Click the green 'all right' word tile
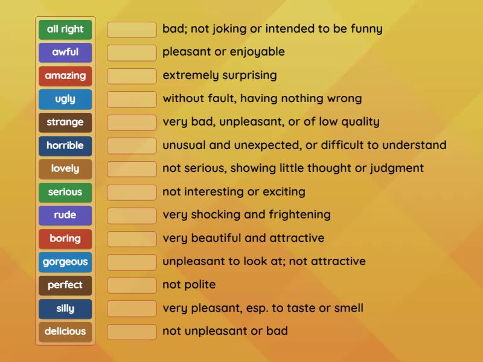pyautogui.click(x=65, y=29)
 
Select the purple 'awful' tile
pyautogui.click(x=65, y=52)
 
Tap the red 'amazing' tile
pyautogui.click(x=65, y=76)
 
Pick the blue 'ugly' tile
pyautogui.click(x=65, y=99)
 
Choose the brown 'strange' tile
pyautogui.click(x=65, y=122)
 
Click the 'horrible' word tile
pyautogui.click(x=65, y=145)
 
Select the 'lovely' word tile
pyautogui.click(x=65, y=169)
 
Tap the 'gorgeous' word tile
pyautogui.click(x=65, y=262)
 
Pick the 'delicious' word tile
pyautogui.click(x=65, y=331)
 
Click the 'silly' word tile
pyautogui.click(x=65, y=308)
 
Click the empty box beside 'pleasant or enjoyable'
pyautogui.click(x=132, y=52)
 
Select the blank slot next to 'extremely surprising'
pyautogui.click(x=132, y=76)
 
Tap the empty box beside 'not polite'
pyautogui.click(x=132, y=285)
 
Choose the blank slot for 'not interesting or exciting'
pyautogui.click(x=132, y=192)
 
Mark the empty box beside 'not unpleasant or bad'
pyautogui.click(x=132, y=331)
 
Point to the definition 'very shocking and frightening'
pyautogui.click(x=246, y=215)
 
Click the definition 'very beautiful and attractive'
pyautogui.click(x=243, y=238)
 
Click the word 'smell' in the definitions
pyautogui.click(x=348, y=308)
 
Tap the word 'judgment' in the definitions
pyautogui.click(x=395, y=168)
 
